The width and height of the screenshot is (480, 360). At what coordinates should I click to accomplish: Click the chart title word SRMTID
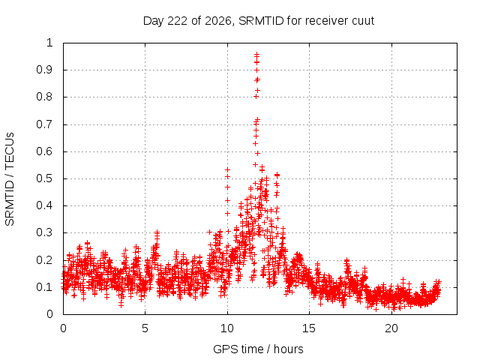pyautogui.click(x=261, y=21)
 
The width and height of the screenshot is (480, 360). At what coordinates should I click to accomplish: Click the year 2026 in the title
pyautogui.click(x=218, y=21)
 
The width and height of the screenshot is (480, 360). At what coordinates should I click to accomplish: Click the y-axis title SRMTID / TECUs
pyautogui.click(x=10, y=179)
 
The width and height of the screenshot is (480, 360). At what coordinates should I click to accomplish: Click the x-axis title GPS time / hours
pyautogui.click(x=258, y=349)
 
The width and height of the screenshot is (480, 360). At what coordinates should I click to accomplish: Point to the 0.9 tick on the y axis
pyautogui.click(x=45, y=70)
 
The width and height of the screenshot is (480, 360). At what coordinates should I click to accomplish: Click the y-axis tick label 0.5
pyautogui.click(x=45, y=178)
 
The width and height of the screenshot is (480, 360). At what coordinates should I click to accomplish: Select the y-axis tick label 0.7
pyautogui.click(x=45, y=124)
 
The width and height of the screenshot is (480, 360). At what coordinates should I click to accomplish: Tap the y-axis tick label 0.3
pyautogui.click(x=45, y=232)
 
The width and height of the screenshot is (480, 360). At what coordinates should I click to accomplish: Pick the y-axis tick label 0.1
pyautogui.click(x=45, y=287)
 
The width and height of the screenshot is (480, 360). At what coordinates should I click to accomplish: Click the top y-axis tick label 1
pyautogui.click(x=49, y=43)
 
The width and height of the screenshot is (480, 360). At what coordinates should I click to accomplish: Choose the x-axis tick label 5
pyautogui.click(x=145, y=328)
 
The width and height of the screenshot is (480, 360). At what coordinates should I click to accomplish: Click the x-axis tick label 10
pyautogui.click(x=227, y=328)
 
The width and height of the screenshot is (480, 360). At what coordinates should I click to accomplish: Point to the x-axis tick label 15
pyautogui.click(x=309, y=328)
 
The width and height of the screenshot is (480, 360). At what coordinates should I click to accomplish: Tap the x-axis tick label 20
pyautogui.click(x=391, y=328)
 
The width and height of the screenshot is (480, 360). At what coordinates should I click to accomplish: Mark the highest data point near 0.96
pyautogui.click(x=256, y=54)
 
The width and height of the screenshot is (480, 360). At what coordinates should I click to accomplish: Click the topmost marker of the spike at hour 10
pyautogui.click(x=227, y=169)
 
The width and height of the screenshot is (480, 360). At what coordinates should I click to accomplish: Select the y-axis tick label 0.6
pyautogui.click(x=45, y=151)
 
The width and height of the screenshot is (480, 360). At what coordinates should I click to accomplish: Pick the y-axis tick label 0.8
pyautogui.click(x=45, y=97)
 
